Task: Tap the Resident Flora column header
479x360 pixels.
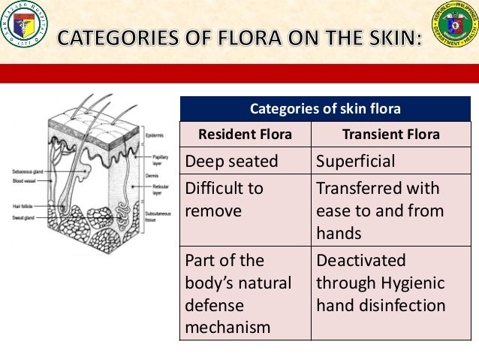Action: coord(244,135)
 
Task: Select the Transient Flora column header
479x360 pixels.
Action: coord(390,135)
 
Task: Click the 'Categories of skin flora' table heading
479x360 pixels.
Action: coord(324,110)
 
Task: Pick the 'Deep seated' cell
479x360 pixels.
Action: coord(231,161)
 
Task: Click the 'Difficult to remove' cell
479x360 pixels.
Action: coord(224,199)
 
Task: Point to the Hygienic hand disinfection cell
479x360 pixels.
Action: coord(381,283)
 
